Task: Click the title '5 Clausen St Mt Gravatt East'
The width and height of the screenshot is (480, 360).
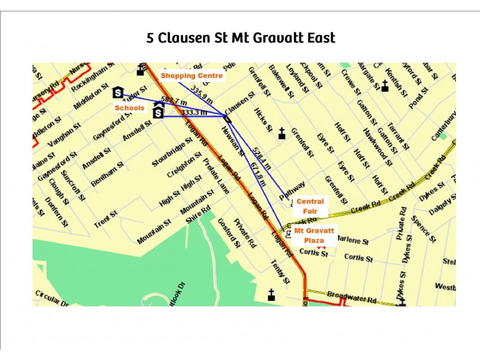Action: tap(241, 38)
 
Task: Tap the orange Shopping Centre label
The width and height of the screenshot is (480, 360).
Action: tap(191, 76)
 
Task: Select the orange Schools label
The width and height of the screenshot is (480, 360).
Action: tap(130, 108)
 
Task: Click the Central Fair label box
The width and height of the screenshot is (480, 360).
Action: tap(310, 206)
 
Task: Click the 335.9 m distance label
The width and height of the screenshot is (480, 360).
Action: tap(202, 92)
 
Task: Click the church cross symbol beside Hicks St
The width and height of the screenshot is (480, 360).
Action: tap(281, 134)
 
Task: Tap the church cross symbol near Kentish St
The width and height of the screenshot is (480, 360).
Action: tap(385, 86)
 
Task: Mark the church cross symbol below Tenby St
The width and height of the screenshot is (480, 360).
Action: tap(271, 295)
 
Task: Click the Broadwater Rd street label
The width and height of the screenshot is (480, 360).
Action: tap(351, 297)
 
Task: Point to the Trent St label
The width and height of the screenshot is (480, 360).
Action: tap(105, 220)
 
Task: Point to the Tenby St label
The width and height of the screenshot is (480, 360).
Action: tap(280, 271)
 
